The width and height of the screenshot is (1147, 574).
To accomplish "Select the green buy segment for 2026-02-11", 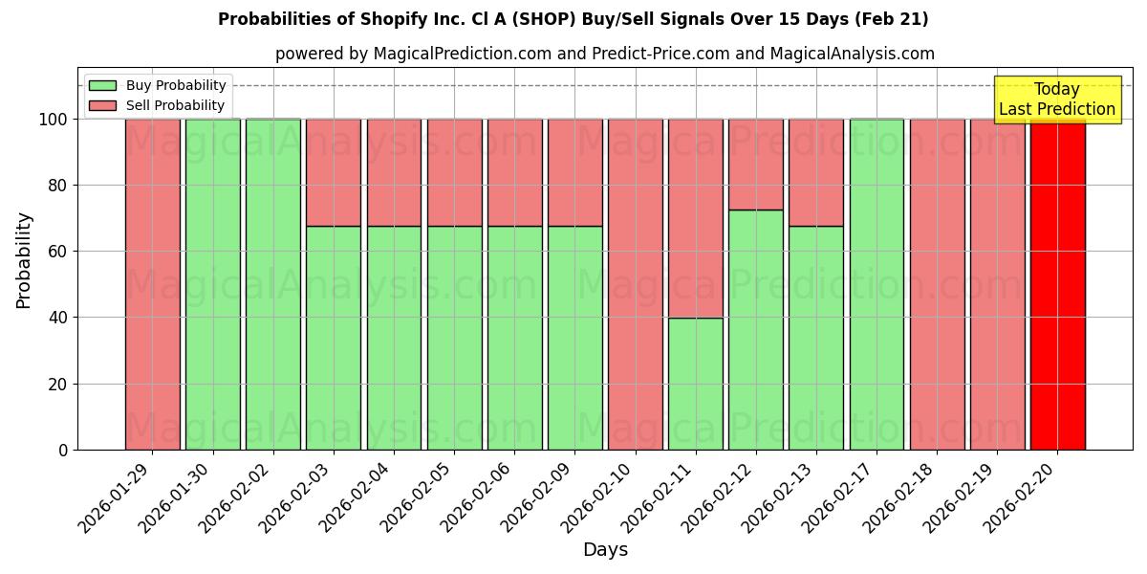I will [x=695, y=384].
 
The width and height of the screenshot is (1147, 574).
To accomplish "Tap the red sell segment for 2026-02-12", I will [x=755, y=164].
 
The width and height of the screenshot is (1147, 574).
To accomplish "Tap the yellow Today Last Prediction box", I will [x=1056, y=99].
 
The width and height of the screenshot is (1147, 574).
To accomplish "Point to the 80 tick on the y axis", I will [x=58, y=186].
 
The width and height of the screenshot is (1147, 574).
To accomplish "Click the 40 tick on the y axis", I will [x=58, y=318].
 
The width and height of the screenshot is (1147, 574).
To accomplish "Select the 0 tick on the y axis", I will [x=63, y=450].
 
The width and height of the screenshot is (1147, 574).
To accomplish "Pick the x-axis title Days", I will [x=605, y=550].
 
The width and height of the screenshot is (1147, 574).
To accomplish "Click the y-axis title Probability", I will [x=24, y=259].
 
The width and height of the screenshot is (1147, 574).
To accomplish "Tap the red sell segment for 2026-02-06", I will [x=514, y=172].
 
